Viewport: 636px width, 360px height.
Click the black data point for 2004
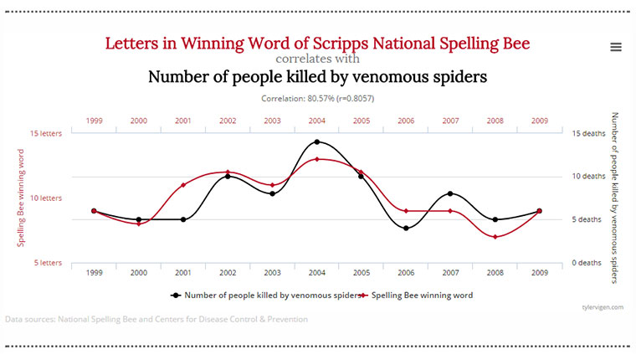(316, 142)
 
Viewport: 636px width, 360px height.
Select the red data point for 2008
(495, 237)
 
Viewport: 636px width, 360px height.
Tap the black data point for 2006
(406, 228)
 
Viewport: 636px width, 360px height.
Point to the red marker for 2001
(183, 185)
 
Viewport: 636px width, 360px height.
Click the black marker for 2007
(451, 193)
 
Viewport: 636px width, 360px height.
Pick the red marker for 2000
(138, 224)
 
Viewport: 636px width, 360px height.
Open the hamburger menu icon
(616, 47)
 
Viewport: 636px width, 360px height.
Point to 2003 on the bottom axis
(272, 273)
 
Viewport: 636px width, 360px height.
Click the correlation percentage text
(317, 99)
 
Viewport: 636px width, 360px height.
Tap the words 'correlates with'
(318, 59)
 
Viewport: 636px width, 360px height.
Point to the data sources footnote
(156, 319)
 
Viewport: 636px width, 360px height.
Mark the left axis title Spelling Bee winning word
(21, 198)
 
